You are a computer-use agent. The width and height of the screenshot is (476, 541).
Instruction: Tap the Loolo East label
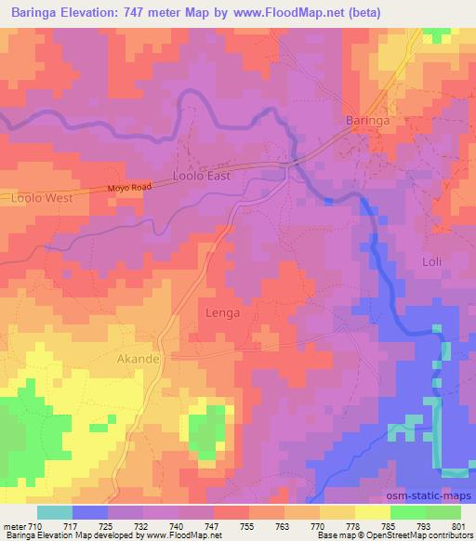point(202,174)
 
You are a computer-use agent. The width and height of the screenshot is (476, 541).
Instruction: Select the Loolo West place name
point(41,198)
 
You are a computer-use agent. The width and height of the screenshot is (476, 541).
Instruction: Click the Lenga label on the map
point(221,313)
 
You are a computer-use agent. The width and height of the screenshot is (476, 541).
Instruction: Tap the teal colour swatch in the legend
point(55,512)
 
